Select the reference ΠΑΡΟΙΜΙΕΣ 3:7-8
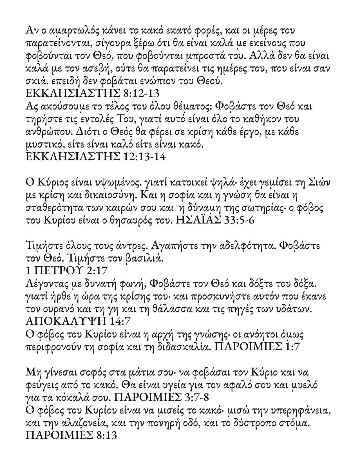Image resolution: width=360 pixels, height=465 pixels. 162,397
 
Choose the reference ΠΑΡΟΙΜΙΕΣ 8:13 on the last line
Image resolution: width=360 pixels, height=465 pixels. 71,435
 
